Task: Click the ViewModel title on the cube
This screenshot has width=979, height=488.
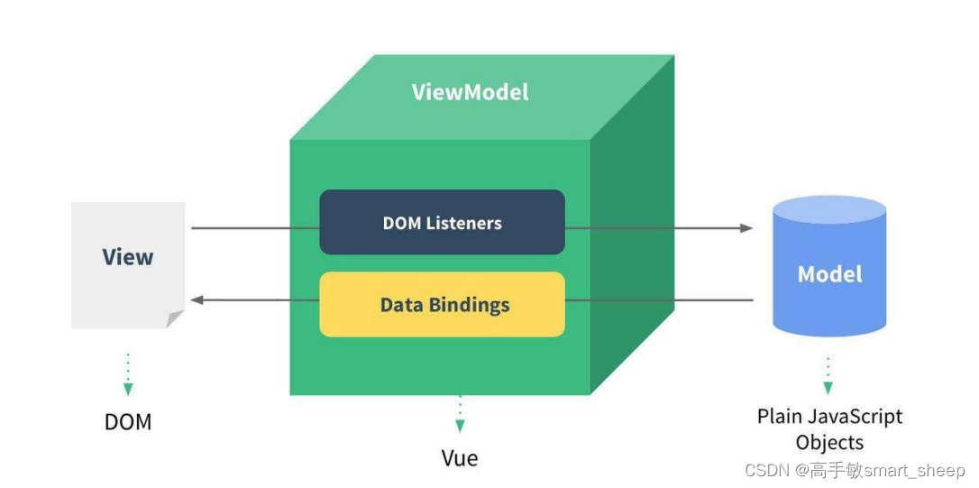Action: coord(470,92)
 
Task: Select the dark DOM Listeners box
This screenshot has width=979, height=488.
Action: coord(442,222)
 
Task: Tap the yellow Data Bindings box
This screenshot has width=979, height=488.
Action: coord(442,304)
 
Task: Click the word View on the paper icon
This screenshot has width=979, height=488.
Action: coord(128,257)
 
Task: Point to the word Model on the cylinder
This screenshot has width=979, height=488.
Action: coord(829,274)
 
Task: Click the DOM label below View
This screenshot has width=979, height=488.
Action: coord(128,422)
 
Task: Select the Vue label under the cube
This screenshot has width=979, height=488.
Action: coord(460,457)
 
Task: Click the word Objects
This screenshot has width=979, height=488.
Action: coord(829,442)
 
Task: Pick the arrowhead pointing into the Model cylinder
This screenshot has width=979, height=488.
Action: coord(746,228)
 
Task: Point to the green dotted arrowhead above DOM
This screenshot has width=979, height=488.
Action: coord(128,389)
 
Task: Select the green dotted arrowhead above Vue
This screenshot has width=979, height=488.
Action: coord(460,425)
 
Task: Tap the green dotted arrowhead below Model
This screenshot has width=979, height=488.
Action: coord(828,388)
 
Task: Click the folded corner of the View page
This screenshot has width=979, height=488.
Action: coord(175,318)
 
